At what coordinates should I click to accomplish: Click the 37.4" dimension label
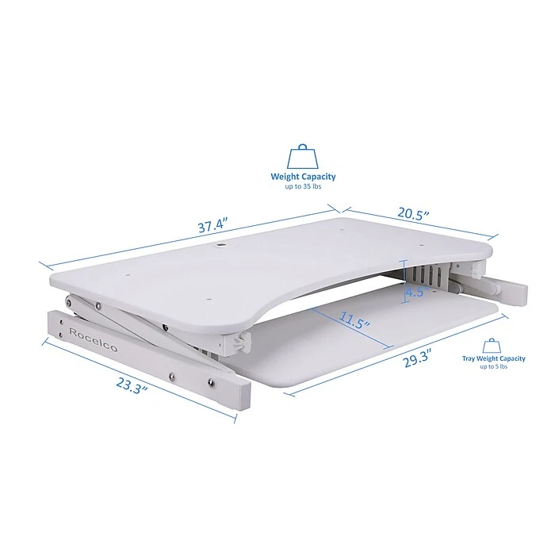pos(212,225)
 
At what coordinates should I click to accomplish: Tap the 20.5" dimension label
pos(413,213)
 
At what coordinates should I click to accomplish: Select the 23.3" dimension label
pos(132,385)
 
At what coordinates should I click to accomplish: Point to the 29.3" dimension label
pos(417,358)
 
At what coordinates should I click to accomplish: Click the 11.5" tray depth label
pos(354,320)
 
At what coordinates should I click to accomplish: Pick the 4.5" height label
pos(416,292)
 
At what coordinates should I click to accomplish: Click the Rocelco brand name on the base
pos(93,340)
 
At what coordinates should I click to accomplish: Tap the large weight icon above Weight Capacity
pos(303,156)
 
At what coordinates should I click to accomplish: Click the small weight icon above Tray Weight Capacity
pos(492,346)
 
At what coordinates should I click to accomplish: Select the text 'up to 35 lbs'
pos(303,186)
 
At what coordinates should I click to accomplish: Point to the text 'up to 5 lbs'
pos(493,366)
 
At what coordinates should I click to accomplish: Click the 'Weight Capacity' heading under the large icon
pos(303,176)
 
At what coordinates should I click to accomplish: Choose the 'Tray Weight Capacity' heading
pos(493,358)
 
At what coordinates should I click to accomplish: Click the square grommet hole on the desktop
pos(221,244)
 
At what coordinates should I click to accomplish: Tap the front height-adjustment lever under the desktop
pos(242,343)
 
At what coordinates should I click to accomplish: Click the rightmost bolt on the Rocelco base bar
pos(212,382)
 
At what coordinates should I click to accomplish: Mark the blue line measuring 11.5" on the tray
pos(352,327)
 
